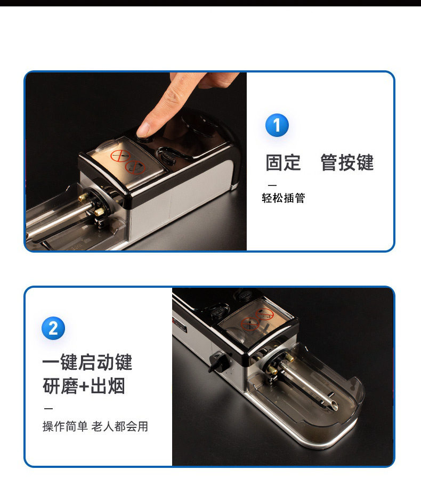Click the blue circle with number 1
pos(277,125)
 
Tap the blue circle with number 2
pos(53,328)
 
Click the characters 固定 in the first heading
pos(283,162)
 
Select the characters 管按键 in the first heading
pos(347,162)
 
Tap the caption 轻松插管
pos(284,198)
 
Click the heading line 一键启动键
pos(87,362)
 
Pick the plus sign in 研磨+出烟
pos(84,386)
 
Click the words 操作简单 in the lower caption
pos(65,426)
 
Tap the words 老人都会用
pos(120,426)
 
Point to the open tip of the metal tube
pos(334,405)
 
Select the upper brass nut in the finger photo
pos(84,197)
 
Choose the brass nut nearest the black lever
pos(272,370)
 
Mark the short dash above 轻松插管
pos(272,185)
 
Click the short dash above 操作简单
pos(48,409)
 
